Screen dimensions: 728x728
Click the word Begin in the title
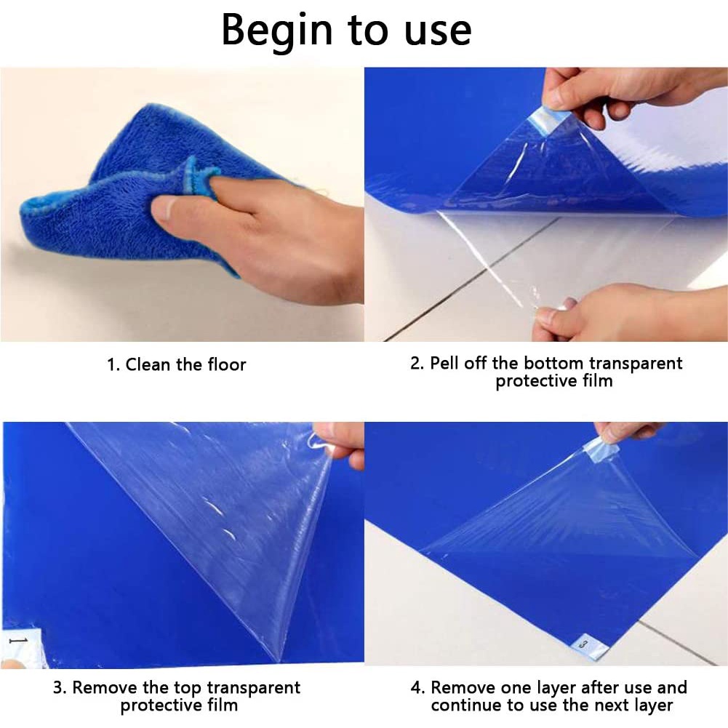[x=277, y=30]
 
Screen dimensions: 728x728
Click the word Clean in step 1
[x=148, y=364]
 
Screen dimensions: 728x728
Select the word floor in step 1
[x=227, y=364]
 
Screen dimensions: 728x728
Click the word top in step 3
[x=188, y=688]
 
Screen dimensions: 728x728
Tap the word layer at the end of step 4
[x=653, y=705]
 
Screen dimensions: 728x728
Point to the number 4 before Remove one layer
[x=417, y=687]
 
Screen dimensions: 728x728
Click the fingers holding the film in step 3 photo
[x=341, y=444]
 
